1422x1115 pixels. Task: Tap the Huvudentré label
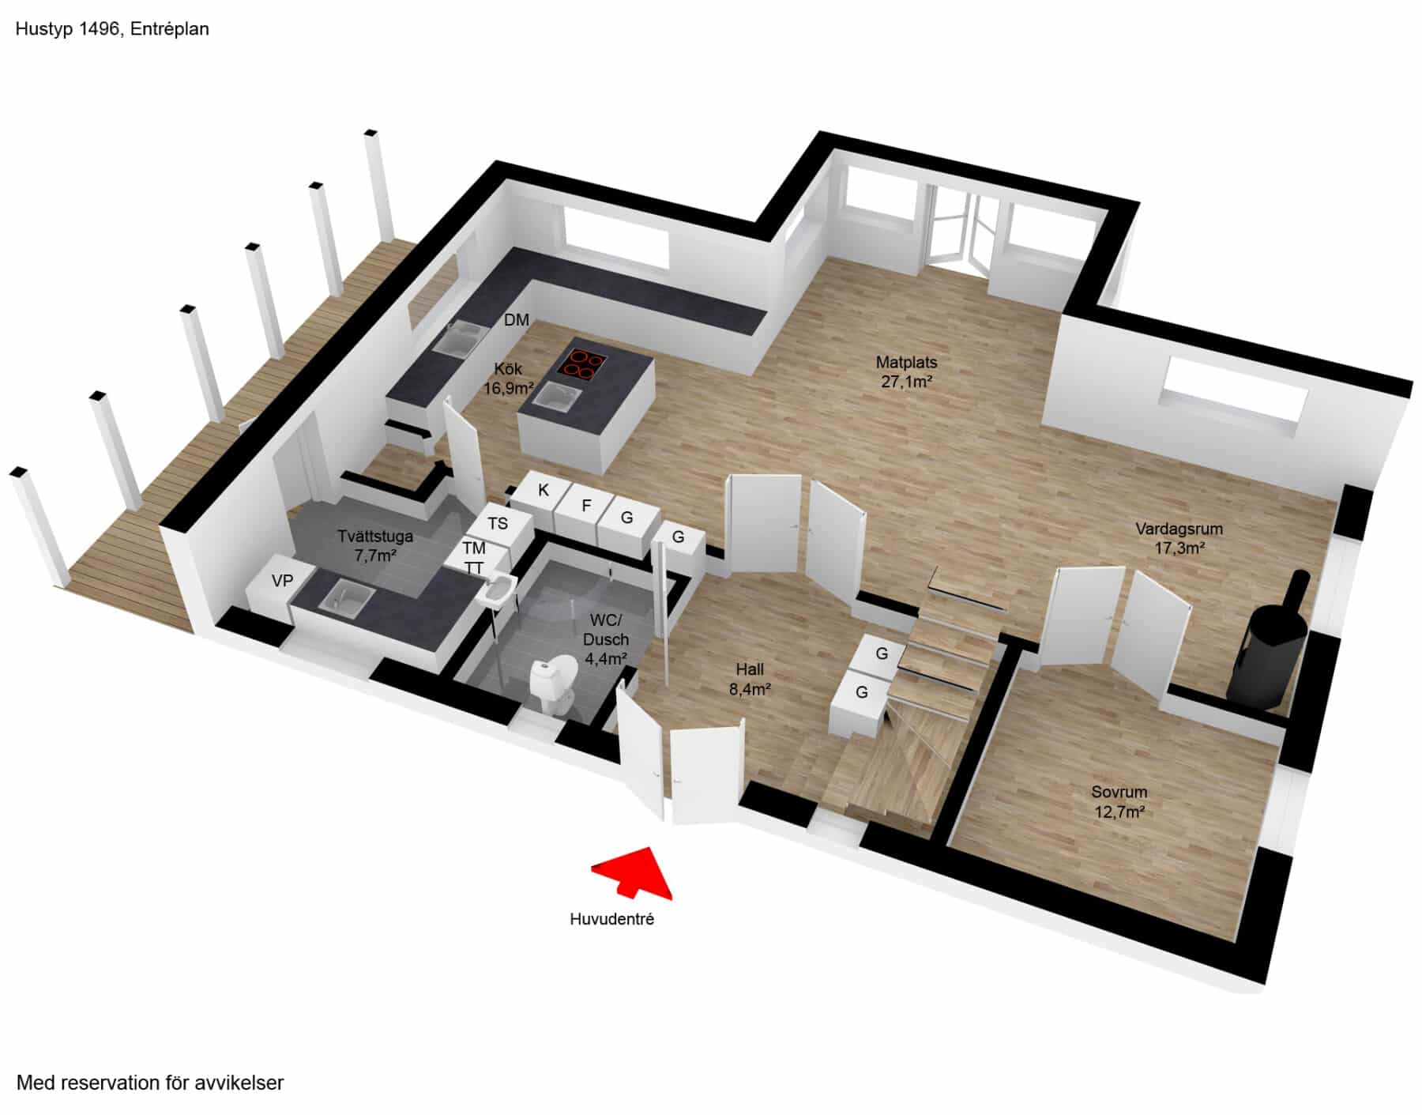612,919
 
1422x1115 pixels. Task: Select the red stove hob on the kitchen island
583,364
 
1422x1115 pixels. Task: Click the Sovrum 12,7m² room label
1119,801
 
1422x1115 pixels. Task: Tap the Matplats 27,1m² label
906,372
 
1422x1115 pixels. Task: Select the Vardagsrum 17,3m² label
1179,538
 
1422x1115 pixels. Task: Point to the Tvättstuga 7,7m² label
375,545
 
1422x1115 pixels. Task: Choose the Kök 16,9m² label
509,379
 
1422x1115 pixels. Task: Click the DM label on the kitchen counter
517,320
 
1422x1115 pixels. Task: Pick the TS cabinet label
498,523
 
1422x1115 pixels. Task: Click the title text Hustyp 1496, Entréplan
112,29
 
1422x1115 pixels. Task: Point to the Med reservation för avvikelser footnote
150,1083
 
